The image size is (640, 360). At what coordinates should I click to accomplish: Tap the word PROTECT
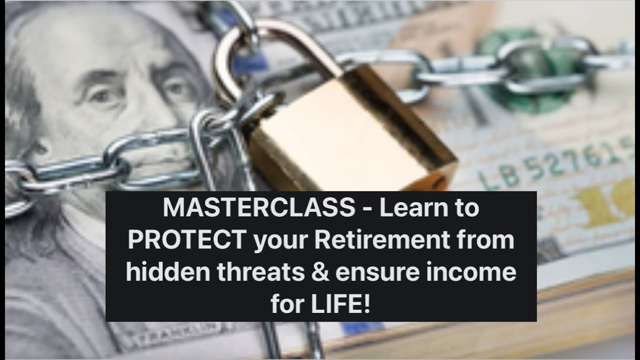click(x=186, y=240)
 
